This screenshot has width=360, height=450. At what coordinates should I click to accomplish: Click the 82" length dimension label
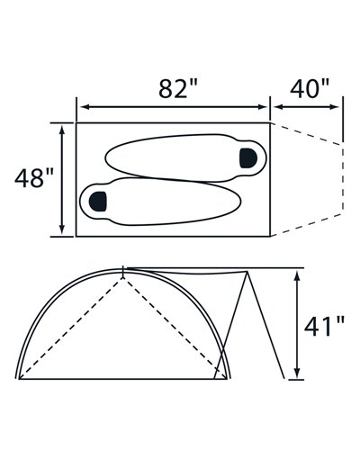click(178, 88)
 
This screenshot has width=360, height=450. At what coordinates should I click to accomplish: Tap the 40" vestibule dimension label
click(310, 88)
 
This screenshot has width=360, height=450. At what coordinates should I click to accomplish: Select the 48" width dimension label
click(34, 178)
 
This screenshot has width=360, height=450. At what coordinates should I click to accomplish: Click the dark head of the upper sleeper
click(248, 157)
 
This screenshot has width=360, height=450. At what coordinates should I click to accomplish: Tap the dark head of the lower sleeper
click(98, 201)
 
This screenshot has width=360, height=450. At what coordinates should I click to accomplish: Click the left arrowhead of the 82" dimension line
click(85, 107)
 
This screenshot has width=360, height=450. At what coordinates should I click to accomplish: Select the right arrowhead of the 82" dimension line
click(262, 107)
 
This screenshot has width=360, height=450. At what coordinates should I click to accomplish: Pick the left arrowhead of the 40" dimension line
click(278, 107)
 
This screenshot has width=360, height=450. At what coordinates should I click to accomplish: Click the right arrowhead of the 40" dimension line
click(335, 107)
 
